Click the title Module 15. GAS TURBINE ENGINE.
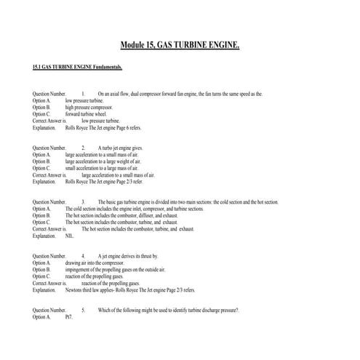click(179, 46)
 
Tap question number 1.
click(84, 95)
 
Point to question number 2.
click(84, 148)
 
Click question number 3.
click(84, 201)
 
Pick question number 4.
click(84, 257)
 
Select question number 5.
click(84, 310)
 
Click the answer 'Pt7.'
click(69, 317)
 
